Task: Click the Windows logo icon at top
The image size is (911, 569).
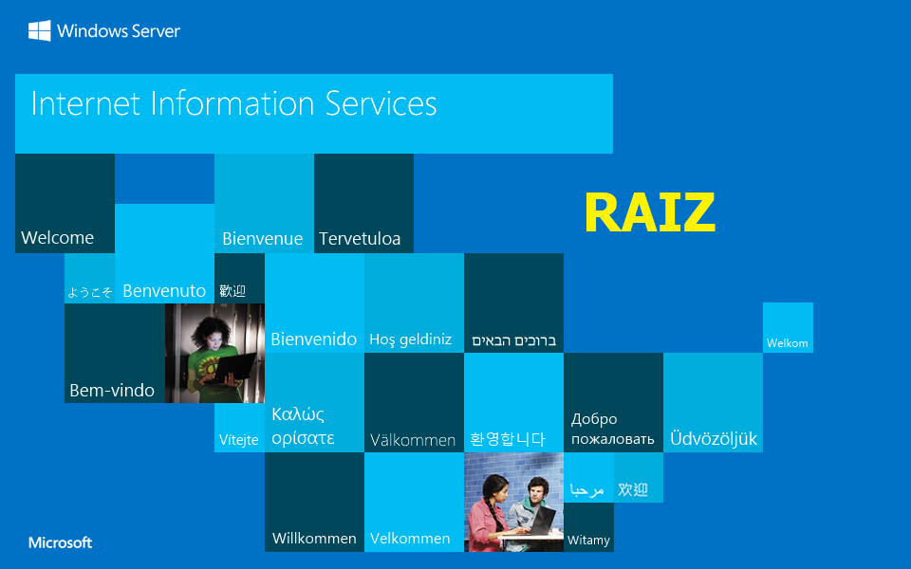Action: click(39, 31)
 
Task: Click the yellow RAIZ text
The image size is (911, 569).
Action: click(649, 212)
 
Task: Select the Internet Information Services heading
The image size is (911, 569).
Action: click(233, 103)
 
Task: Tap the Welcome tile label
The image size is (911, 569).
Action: click(57, 238)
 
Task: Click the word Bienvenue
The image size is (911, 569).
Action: click(262, 239)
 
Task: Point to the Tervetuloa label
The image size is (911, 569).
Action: click(360, 239)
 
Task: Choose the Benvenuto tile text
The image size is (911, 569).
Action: click(164, 291)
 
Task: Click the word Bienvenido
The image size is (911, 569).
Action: click(314, 340)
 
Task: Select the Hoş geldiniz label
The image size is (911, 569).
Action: click(410, 340)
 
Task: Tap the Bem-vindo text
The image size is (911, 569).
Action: click(112, 391)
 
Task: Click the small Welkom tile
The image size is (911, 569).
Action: click(788, 342)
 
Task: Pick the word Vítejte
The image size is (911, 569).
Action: click(239, 440)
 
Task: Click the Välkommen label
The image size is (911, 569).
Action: click(413, 440)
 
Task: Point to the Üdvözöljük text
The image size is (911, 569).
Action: click(714, 439)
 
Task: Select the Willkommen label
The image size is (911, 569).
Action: click(314, 539)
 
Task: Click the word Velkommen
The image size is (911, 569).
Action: click(410, 539)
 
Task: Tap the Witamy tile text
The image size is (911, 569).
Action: click(588, 541)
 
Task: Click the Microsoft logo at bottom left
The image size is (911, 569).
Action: click(61, 543)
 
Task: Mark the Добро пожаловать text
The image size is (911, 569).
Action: click(612, 429)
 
